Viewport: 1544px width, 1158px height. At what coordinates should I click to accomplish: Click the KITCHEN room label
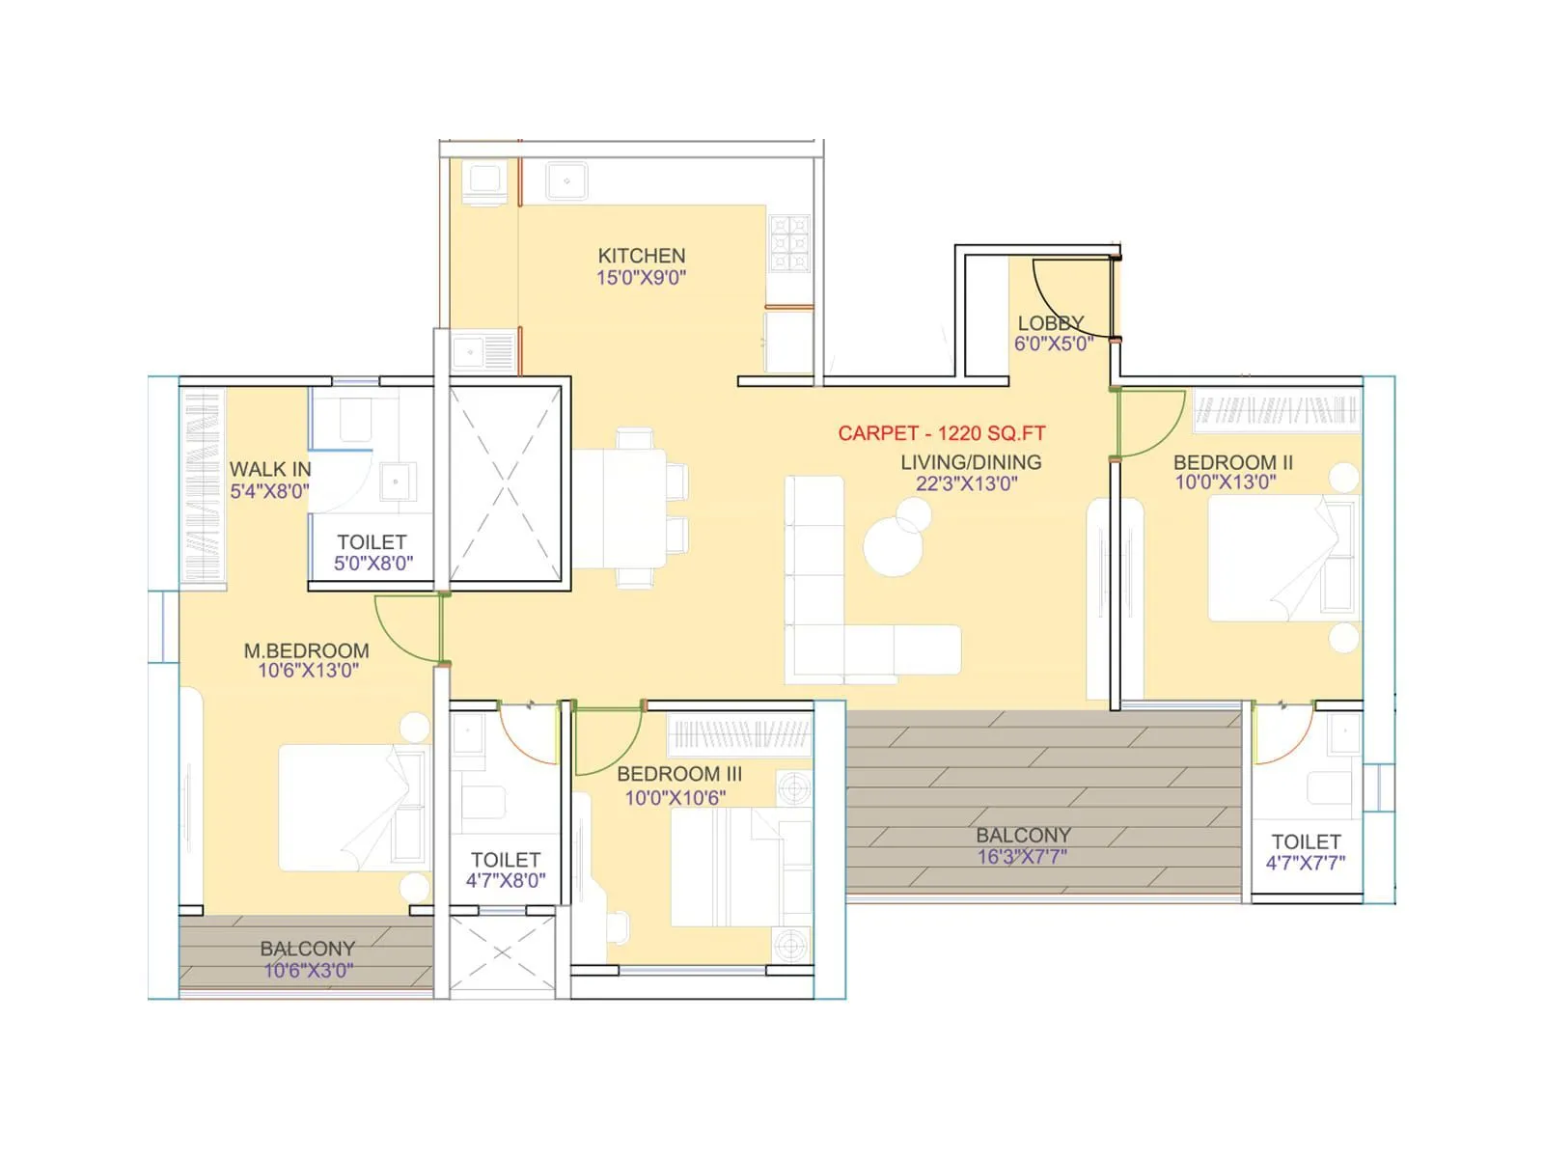641,256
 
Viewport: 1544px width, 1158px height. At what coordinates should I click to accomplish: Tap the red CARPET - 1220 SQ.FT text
941,433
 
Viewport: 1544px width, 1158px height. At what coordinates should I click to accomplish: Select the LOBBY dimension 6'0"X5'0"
1053,344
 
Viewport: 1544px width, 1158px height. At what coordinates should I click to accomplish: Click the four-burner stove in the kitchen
789,244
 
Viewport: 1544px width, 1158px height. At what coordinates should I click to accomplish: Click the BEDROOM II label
1232,462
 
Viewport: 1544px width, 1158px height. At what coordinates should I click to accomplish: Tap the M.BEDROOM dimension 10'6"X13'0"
308,671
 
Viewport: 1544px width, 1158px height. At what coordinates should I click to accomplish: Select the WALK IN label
270,469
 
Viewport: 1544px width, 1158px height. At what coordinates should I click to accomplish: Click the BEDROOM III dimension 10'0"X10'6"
675,797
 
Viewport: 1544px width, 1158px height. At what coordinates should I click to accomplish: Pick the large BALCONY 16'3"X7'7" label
1023,836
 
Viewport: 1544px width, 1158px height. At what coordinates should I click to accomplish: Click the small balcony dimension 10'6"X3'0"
308,971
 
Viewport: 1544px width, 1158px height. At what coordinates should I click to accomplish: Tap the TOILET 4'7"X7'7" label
1306,841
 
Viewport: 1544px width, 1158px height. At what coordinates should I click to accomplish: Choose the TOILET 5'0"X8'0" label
372,542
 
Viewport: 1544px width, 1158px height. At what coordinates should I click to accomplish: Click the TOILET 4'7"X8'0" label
506,859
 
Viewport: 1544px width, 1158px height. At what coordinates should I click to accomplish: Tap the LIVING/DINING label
970,462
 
